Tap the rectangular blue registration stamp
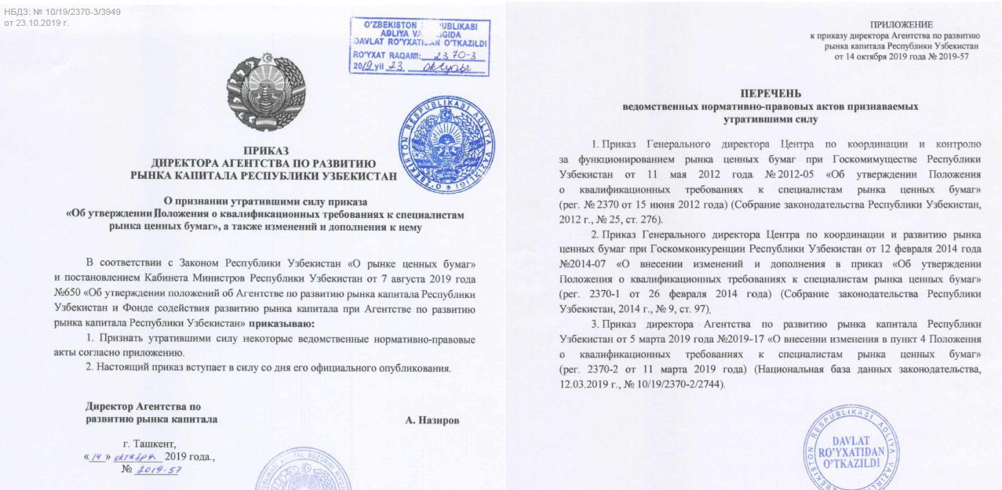click(418, 46)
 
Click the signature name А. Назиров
click(432, 419)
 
